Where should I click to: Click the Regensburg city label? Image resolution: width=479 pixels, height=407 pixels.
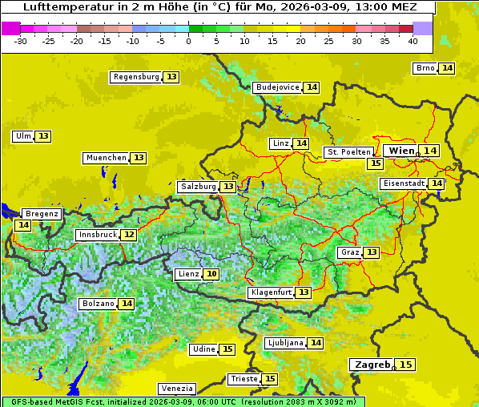coord(135,77)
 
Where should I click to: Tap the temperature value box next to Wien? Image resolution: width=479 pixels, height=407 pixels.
coord(430,151)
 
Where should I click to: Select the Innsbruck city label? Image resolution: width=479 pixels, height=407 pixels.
coord(97,235)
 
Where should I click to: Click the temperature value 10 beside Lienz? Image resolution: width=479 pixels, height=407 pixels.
coord(211,274)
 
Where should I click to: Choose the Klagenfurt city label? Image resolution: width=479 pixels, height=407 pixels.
coord(271,292)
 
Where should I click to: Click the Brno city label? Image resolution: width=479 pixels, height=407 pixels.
coord(425,68)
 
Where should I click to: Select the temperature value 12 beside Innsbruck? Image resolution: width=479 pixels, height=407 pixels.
coord(129,235)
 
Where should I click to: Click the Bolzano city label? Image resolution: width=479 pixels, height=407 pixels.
coord(99,304)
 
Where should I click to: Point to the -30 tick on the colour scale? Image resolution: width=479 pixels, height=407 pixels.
coord(21,40)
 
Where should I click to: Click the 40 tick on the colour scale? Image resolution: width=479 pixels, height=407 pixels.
coord(413,40)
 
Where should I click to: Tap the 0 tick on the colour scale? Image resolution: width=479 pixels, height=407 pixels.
coord(188,40)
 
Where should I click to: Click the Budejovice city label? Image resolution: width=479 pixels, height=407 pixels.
coord(277,87)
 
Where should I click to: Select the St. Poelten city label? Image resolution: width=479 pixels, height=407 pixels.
coord(348,151)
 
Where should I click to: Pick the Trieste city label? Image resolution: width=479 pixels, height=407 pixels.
coord(244,379)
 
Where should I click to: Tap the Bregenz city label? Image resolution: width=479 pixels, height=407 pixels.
coord(42,214)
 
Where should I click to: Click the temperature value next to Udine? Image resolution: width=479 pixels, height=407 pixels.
coord(227,349)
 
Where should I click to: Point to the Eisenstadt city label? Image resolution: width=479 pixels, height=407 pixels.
coord(404,183)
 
